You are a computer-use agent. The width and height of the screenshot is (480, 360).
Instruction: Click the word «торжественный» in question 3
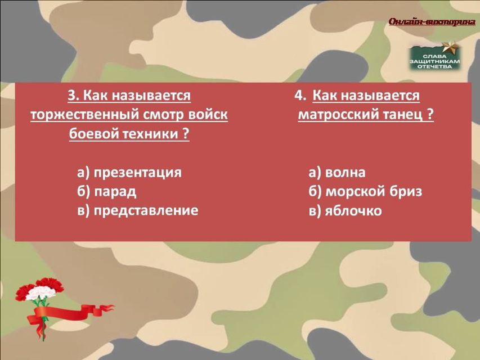[x=85, y=115]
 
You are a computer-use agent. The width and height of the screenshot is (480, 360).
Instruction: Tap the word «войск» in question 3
[x=208, y=115]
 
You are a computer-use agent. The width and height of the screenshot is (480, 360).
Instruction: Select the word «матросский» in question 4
[x=338, y=115]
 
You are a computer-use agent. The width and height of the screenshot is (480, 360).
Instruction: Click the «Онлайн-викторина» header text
[x=432, y=22]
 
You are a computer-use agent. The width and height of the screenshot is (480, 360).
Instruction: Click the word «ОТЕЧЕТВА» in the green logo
[x=434, y=66]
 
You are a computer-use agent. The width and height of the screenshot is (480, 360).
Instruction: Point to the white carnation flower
[x=41, y=292]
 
